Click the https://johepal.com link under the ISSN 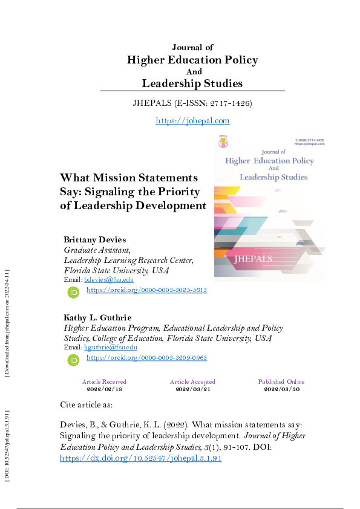tap(192, 121)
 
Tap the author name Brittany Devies tap(95, 239)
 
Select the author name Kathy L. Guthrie tap(97, 317)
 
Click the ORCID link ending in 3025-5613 tap(146, 290)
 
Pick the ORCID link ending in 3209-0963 tap(146, 358)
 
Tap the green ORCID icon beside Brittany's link tap(74, 292)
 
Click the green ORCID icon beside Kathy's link tap(74, 360)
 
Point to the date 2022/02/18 tap(104, 389)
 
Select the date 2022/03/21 tap(192, 389)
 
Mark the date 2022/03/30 tap(281, 389)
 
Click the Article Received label tap(104, 382)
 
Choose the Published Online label tap(281, 382)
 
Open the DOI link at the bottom tap(141, 458)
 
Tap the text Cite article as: tap(87, 404)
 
